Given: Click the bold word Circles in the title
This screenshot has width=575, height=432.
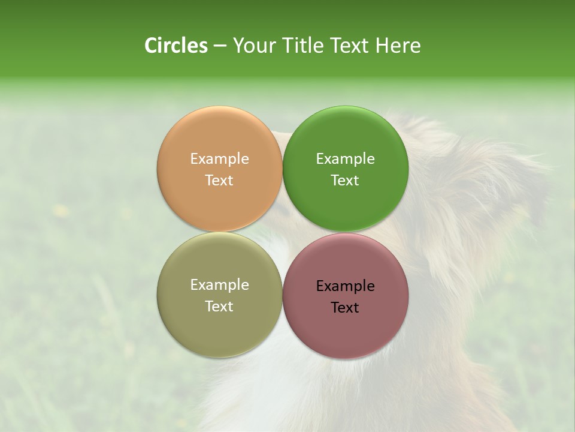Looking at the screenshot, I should [175, 46].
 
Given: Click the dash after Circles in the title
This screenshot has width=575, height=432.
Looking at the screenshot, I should [220, 46].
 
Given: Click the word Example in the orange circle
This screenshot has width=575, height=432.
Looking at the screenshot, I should [219, 158].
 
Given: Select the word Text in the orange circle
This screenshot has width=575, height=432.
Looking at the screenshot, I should [219, 180].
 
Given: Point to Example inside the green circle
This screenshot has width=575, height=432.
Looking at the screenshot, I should [345, 158].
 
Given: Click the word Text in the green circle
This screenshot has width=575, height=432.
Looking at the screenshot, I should [345, 180].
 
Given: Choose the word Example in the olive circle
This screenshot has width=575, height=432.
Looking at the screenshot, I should [219, 284].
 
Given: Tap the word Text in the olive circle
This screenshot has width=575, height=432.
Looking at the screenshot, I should [219, 306].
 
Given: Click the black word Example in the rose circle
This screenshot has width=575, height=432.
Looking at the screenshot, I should [345, 286].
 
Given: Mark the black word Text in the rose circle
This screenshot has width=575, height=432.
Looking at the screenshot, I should [345, 307].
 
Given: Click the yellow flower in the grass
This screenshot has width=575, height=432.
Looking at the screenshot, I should [60, 210].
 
